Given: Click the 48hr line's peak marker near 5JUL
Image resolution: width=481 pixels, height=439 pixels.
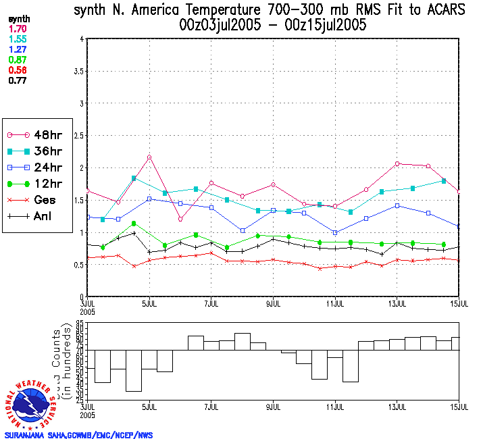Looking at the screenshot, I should (x=149, y=157).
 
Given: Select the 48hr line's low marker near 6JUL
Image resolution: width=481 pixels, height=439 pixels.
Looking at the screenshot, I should (x=180, y=219).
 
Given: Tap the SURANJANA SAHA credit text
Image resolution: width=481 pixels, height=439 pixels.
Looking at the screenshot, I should (x=78, y=435).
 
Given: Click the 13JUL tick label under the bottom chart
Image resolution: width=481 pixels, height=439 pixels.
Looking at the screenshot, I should (x=397, y=407).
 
